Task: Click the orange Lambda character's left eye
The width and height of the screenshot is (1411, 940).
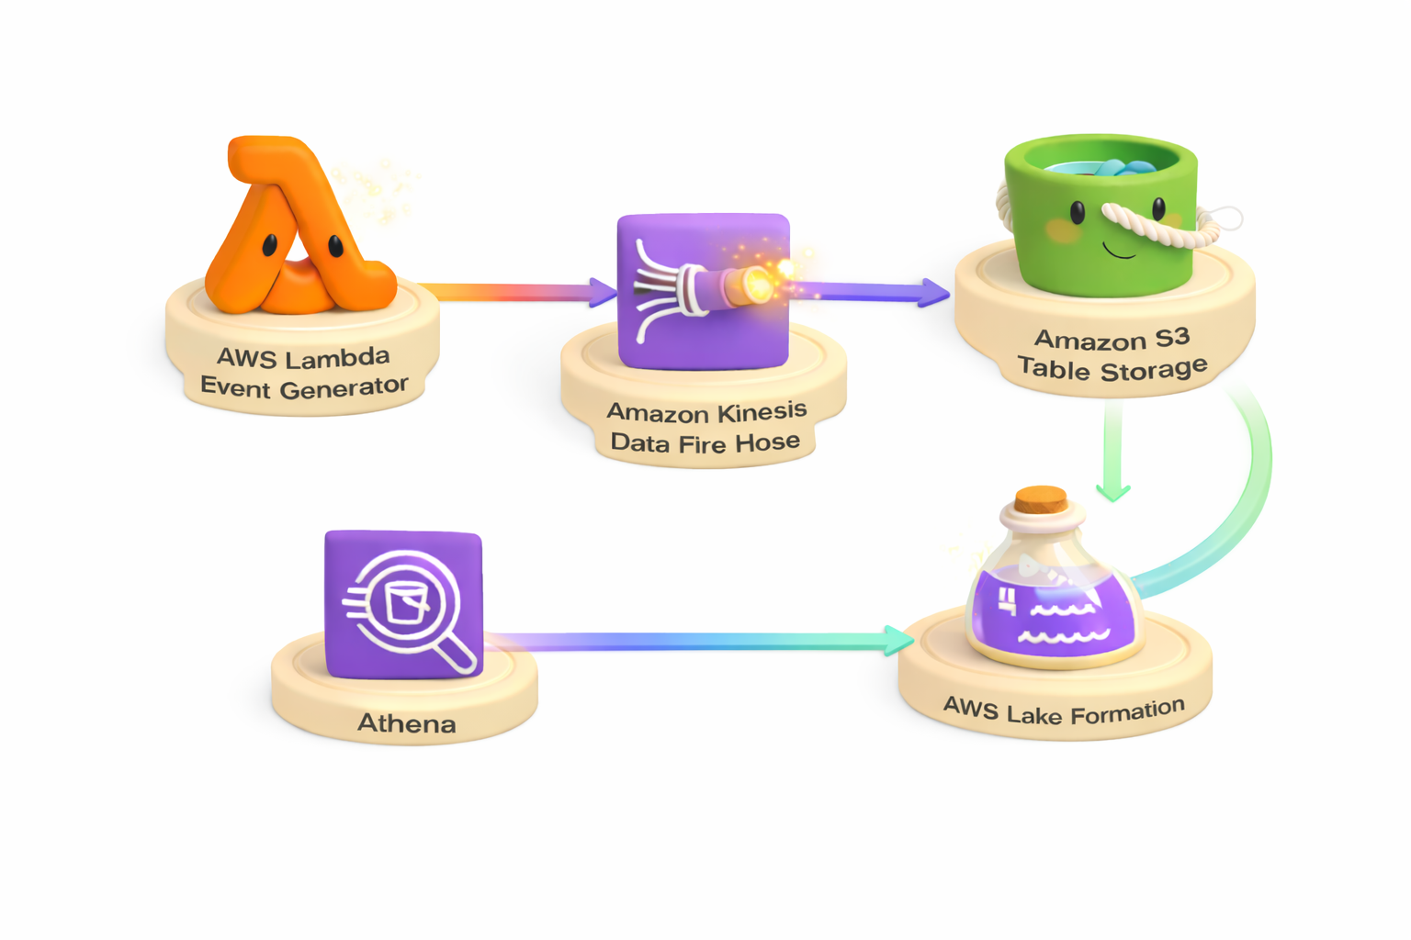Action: [x=270, y=246]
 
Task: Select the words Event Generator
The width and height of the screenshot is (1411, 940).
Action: [x=304, y=387]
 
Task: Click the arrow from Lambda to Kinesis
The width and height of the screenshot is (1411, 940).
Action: [x=514, y=292]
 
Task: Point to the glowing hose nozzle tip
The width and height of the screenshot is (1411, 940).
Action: [x=759, y=283]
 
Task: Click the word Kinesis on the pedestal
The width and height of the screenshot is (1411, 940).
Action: [x=762, y=410]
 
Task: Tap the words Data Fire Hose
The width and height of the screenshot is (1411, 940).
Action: [x=705, y=443]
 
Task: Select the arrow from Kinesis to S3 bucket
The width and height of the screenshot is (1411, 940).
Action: [x=873, y=292]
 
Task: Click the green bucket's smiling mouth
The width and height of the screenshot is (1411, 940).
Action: [x=1118, y=250]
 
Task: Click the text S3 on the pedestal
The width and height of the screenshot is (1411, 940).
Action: [x=1172, y=337]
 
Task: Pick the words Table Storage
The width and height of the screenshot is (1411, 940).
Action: [x=1112, y=369]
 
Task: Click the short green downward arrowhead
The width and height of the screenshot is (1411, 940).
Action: [x=1113, y=492]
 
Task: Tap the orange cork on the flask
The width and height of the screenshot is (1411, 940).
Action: [x=1041, y=500]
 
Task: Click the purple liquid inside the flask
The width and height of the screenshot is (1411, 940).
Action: [x=1056, y=615]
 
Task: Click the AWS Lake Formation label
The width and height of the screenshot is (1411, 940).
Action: [x=1064, y=711]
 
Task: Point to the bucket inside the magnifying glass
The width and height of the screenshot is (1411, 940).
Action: [x=406, y=602]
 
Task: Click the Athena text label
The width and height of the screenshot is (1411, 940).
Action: [x=406, y=723]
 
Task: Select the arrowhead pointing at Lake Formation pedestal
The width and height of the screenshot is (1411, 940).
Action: [x=897, y=640]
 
